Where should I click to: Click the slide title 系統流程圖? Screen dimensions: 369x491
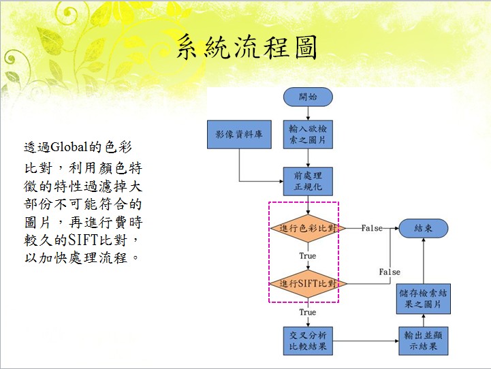click(x=247, y=48)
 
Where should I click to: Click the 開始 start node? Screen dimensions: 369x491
click(x=307, y=97)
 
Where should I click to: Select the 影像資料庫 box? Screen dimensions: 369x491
click(x=239, y=134)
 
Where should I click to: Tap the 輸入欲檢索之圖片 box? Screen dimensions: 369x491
click(x=307, y=134)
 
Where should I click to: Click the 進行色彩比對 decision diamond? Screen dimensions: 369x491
click(x=307, y=228)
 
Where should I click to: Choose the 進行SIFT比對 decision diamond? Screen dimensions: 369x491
click(x=307, y=283)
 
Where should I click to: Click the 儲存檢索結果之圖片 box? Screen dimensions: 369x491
click(x=423, y=298)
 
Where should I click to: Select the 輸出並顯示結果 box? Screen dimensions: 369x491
click(x=423, y=340)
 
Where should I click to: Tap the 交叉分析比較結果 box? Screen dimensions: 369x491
click(x=307, y=340)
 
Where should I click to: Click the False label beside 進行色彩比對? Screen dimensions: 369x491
click(x=371, y=228)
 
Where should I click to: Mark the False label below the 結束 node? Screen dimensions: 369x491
click(x=390, y=272)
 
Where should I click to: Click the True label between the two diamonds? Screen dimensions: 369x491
click(x=307, y=256)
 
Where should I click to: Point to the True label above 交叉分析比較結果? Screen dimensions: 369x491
click(x=307, y=312)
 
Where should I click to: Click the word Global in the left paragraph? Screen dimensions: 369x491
click(x=61, y=147)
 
